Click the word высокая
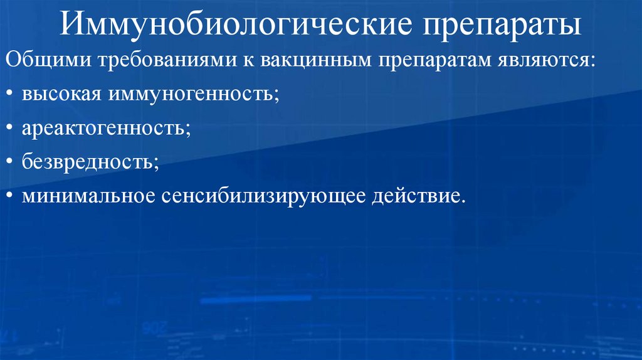[61, 97]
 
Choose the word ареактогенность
[107, 130]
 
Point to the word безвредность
[90, 163]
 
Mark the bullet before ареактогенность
[12, 131]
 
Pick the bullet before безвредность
[12, 164]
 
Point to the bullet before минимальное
[12, 196]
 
